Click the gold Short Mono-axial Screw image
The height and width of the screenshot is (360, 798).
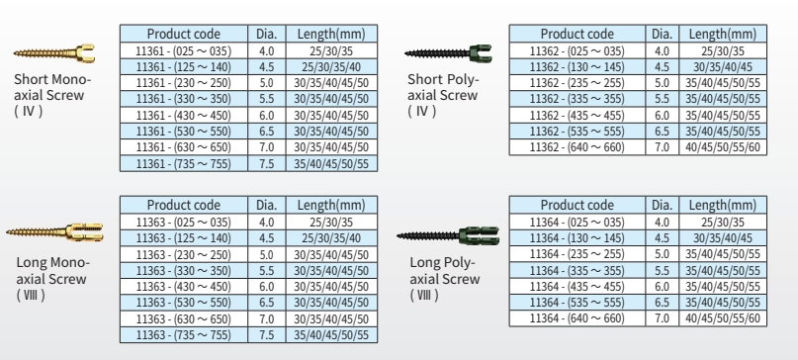point(54,53)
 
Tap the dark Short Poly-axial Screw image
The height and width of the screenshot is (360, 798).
point(448,53)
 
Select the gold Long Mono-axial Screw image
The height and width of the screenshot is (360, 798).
point(54,232)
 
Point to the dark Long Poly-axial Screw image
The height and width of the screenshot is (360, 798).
point(448,235)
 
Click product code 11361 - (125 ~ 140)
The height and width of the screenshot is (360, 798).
point(184,66)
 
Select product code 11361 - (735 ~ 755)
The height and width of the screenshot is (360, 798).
point(184,163)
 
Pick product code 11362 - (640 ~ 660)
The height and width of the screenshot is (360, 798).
point(576,147)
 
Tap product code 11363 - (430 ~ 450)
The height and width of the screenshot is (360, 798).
point(184,287)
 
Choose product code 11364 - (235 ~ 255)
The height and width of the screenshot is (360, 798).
point(576,254)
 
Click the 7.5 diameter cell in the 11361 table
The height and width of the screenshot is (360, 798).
point(267,163)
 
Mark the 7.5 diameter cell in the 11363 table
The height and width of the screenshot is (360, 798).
point(267,335)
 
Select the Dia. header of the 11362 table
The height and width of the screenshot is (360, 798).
point(662,34)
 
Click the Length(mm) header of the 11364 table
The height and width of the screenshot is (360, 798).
point(722,205)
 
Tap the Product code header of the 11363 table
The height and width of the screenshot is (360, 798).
point(184,205)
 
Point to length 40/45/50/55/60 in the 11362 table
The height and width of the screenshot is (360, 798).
point(722,147)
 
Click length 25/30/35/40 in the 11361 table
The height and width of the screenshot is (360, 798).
point(331,66)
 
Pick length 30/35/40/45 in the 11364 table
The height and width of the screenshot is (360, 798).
point(722,237)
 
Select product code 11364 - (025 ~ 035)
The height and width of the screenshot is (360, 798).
point(576,222)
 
